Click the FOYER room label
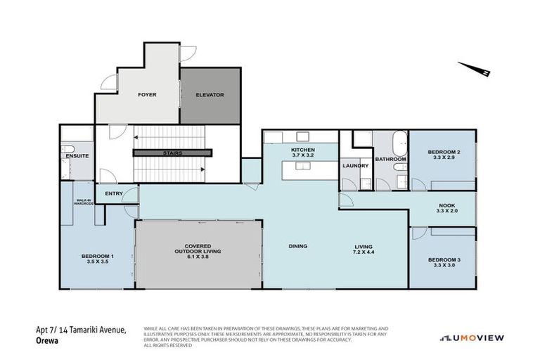147,94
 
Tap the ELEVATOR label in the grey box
210,94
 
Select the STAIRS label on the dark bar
172,152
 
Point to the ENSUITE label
77,155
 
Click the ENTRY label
113,193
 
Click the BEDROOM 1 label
98,256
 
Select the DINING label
299,246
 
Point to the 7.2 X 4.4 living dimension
365,251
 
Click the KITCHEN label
304,150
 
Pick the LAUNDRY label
355,166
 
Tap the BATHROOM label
390,160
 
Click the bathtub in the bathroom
398,143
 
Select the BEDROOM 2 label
444,153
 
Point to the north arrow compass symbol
476,69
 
